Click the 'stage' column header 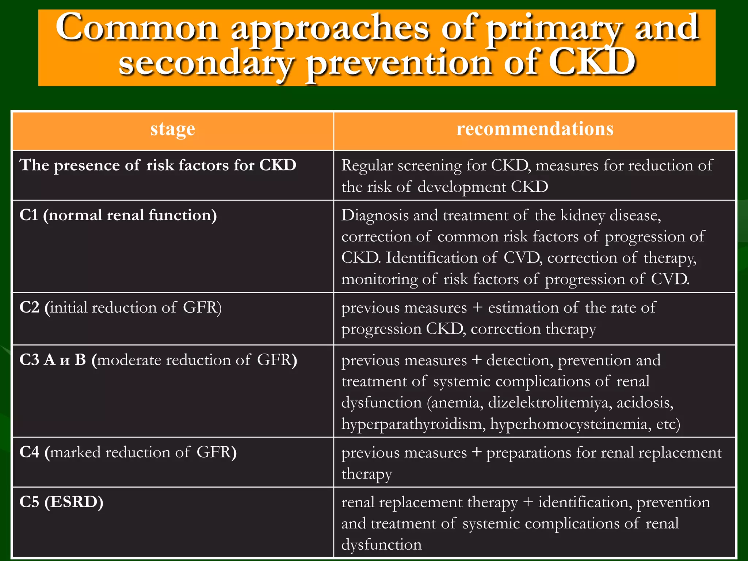click(173, 129)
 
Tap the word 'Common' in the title click(137, 28)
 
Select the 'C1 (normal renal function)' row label click(118, 215)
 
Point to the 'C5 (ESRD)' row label click(61, 502)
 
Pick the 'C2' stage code click(29, 308)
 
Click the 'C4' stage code click(29, 452)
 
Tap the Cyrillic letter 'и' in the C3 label click(65, 361)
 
